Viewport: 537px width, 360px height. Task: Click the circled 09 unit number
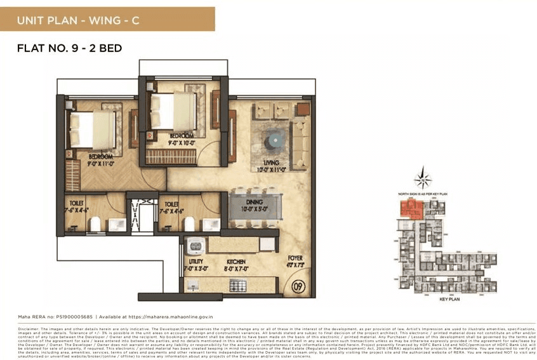tap(297, 286)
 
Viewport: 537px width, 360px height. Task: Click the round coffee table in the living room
tap(275, 139)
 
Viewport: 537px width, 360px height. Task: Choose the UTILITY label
tap(196, 261)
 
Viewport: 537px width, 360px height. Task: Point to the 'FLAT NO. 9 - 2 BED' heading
tap(70, 48)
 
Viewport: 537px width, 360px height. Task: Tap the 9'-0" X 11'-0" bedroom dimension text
tap(101, 163)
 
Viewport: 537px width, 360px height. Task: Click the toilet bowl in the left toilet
tap(95, 223)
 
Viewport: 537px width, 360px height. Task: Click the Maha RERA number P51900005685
tap(65, 315)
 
